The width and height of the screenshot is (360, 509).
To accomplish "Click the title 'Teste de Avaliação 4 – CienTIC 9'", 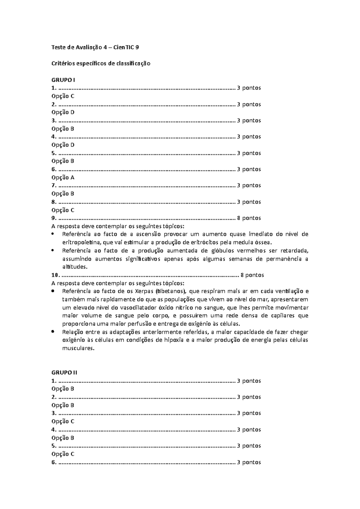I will point(95,47).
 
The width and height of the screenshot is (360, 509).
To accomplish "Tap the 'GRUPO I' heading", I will point(63,80).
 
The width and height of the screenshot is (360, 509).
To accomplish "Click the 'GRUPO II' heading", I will point(64,373).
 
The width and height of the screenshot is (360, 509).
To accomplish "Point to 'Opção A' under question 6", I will point(63,177).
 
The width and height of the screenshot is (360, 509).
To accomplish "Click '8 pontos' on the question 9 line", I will point(249,218).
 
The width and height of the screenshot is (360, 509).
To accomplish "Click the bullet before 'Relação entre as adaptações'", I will point(53,332).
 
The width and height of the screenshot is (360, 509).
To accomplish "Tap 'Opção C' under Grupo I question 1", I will point(63,96).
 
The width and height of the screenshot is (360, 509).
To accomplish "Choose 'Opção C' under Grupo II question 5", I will point(63,454).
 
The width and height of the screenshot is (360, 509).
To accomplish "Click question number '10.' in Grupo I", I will point(55,275).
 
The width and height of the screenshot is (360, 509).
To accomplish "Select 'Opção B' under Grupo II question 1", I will point(63,389).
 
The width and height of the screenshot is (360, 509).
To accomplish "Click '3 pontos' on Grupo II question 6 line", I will point(249,462).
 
